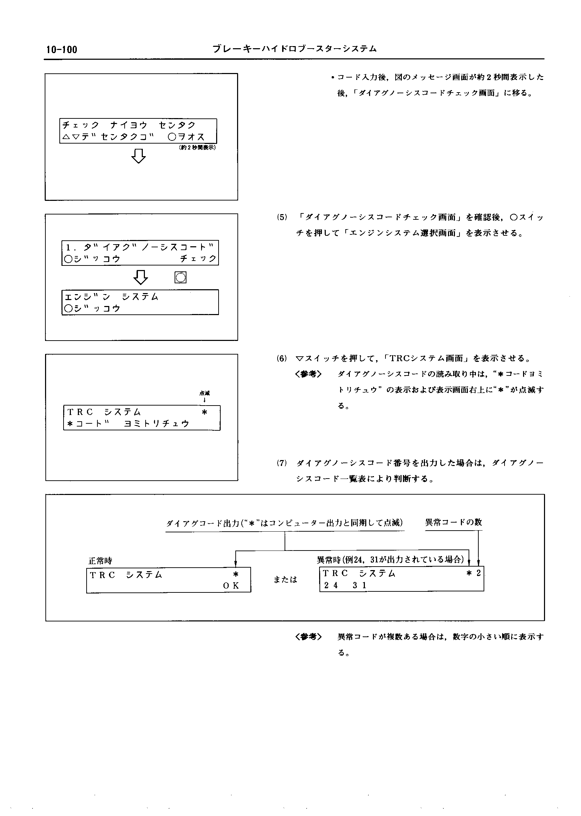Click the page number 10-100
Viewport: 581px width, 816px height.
click(61, 50)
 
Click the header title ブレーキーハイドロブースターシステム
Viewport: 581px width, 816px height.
click(294, 49)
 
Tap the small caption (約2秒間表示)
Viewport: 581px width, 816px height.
click(197, 147)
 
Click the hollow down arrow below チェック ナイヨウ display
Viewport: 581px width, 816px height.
click(139, 156)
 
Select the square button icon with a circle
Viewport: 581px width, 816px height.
click(180, 277)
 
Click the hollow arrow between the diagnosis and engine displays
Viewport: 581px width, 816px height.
click(140, 277)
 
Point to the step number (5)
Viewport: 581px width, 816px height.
click(282, 217)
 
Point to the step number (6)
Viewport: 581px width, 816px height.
click(282, 358)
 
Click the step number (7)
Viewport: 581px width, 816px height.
click(282, 463)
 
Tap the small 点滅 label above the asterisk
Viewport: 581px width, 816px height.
click(204, 393)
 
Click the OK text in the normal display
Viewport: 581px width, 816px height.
click(231, 586)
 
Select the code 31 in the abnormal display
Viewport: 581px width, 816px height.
click(360, 585)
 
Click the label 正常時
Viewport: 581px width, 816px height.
click(100, 561)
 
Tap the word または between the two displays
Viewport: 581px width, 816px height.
click(285, 580)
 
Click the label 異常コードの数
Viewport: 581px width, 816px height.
click(453, 522)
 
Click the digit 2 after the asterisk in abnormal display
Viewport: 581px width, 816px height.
click(478, 573)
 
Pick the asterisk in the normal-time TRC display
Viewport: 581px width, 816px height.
click(235, 574)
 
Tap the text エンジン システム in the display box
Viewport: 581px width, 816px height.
click(111, 297)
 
